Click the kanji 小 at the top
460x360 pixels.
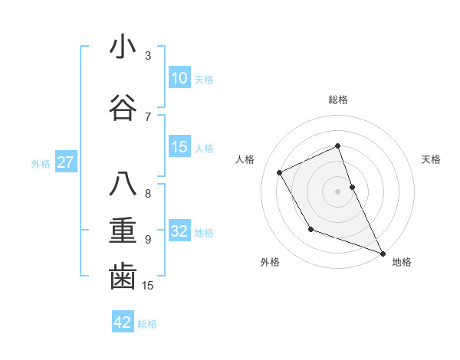123,47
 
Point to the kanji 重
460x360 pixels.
123,231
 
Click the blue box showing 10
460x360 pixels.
179,78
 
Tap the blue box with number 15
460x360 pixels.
179,148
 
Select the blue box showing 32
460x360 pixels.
179,232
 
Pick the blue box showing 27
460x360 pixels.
66,162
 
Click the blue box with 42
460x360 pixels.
123,322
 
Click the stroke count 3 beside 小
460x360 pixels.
148,56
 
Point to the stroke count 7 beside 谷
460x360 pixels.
148,116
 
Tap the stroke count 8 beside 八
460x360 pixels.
148,194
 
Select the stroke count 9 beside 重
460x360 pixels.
148,240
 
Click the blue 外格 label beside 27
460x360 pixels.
41,163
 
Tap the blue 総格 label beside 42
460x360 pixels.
147,324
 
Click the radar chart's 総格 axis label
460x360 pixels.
338,100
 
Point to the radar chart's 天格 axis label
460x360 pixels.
432,159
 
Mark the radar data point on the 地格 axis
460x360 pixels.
383,254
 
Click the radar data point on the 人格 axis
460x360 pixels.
280,172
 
